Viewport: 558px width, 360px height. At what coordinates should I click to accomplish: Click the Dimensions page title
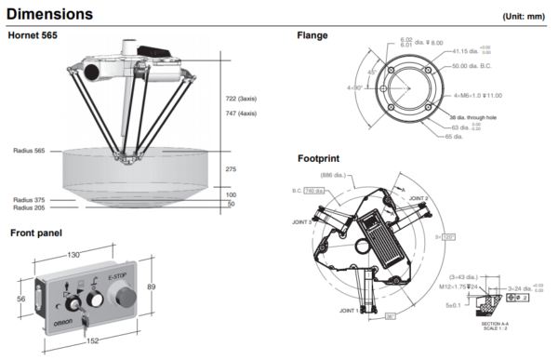click(49, 14)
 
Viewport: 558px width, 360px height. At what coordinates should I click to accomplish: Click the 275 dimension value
click(232, 169)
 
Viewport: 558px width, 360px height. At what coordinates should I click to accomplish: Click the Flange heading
click(312, 36)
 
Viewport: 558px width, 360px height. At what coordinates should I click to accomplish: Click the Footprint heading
click(319, 158)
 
